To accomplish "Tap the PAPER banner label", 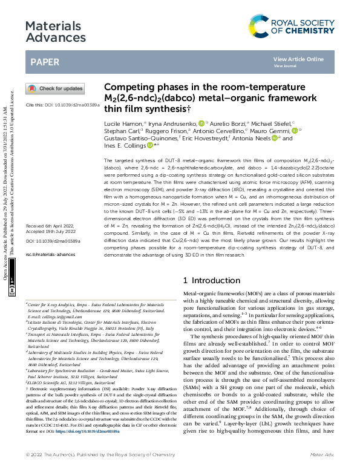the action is point(45,62).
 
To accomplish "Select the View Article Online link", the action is point(298,59).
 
